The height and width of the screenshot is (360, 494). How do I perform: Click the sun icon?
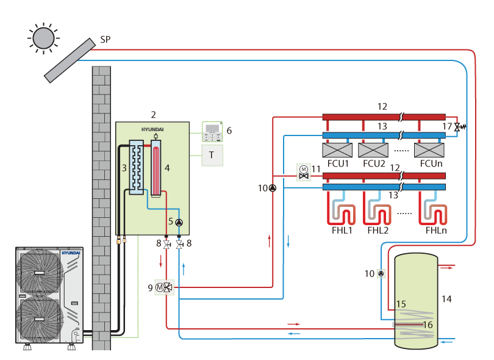(x=43, y=38)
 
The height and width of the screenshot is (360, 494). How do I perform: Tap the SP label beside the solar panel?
(x=106, y=40)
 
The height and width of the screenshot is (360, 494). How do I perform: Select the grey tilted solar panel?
(x=70, y=60)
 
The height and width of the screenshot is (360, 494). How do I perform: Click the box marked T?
(x=212, y=156)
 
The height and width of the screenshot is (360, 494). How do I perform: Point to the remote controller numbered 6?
(x=212, y=132)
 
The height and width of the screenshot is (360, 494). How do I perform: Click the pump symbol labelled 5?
(x=179, y=223)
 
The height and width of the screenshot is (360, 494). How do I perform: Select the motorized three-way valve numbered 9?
(x=165, y=287)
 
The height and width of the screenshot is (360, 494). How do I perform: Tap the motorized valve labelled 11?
(x=304, y=173)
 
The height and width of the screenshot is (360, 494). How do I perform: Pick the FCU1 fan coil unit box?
(x=337, y=150)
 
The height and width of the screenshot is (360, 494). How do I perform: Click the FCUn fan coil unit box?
(x=429, y=150)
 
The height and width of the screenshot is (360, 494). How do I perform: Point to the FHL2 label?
(x=378, y=231)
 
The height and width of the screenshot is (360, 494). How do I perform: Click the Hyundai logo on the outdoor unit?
(x=71, y=253)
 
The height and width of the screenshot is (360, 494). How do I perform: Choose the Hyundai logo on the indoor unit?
(x=152, y=129)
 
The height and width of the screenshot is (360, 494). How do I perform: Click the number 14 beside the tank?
(x=446, y=299)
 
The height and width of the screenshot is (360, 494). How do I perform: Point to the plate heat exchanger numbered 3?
(x=137, y=167)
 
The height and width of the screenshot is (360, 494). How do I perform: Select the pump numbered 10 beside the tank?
(x=381, y=273)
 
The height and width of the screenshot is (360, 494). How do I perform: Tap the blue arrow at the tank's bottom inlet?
(x=448, y=342)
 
